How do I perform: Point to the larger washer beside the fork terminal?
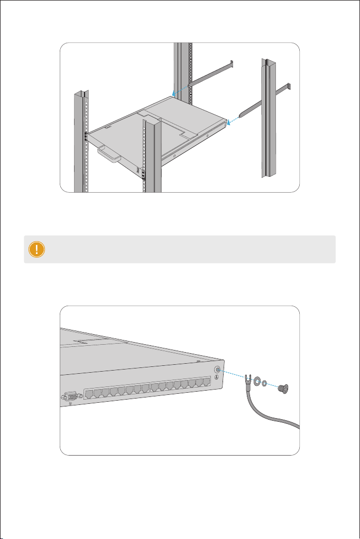tap(257, 381)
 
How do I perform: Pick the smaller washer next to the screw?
tap(265, 382)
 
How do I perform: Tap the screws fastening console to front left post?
tap(86, 136)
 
